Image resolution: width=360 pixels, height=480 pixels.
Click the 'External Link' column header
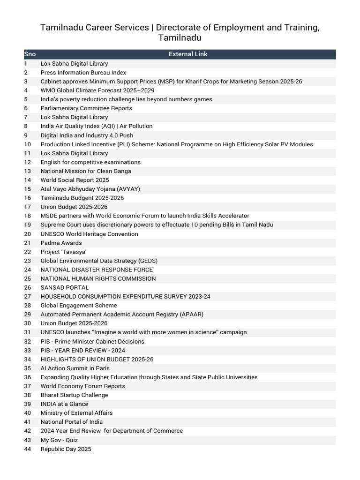point(188,54)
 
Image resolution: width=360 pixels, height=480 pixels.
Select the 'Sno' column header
point(30,54)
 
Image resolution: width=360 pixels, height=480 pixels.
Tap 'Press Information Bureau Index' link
point(83,73)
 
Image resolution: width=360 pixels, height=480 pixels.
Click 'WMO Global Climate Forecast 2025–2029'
point(97,90)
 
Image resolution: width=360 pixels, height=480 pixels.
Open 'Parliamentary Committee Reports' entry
point(86,108)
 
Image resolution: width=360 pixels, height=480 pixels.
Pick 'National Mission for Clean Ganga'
point(86,171)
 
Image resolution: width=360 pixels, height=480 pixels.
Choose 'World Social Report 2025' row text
point(75,180)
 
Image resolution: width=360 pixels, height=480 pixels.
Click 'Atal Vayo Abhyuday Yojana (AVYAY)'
point(90,189)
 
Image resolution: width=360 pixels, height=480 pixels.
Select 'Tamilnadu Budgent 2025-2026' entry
point(82,198)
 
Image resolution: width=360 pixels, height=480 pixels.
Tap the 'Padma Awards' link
point(61,243)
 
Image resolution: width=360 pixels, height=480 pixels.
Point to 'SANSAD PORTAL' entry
point(64,287)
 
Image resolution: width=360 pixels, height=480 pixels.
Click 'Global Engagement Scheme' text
point(79,306)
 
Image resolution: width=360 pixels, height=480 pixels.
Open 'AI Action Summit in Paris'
point(75,368)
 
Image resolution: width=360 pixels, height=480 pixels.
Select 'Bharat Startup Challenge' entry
point(74,395)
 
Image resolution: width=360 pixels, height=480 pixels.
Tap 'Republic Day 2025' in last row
point(66,449)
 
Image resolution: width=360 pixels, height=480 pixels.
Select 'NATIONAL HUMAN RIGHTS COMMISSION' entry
point(98,278)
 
